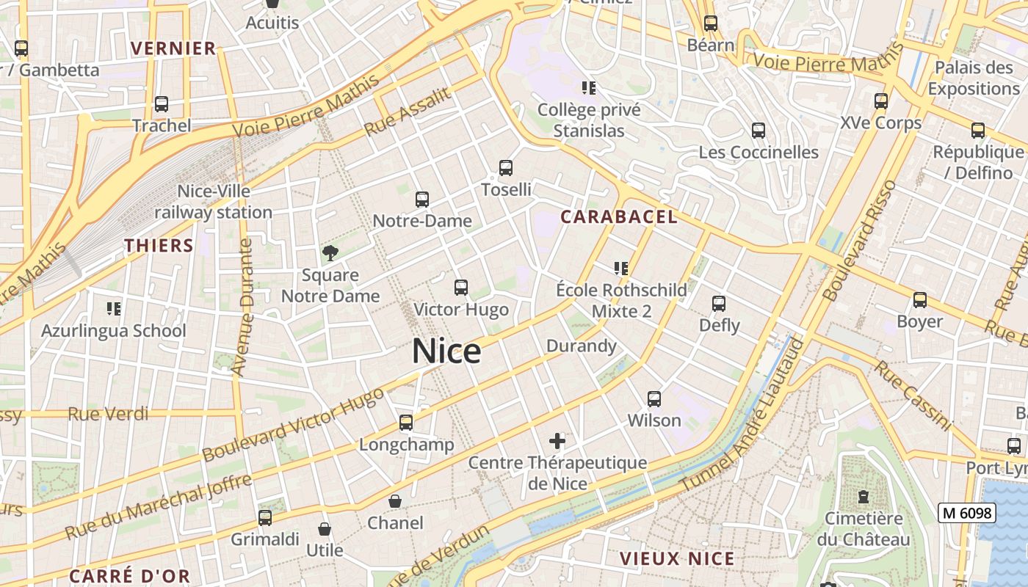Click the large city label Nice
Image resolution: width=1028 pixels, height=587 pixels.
[x=446, y=351]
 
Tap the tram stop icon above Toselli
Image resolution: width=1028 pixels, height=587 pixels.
[x=506, y=168]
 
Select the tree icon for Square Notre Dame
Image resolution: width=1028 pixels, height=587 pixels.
[x=330, y=253]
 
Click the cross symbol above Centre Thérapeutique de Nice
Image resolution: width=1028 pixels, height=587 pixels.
[x=557, y=441]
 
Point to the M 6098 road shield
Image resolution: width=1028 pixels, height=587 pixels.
[x=966, y=513]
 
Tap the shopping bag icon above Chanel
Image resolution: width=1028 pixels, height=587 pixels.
[x=395, y=501]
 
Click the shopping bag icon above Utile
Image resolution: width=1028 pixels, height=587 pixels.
[x=324, y=528]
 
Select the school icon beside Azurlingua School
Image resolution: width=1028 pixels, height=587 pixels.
[x=114, y=308]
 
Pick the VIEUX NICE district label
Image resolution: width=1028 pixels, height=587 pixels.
[x=677, y=558]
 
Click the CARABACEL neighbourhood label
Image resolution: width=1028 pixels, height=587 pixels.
[x=619, y=216]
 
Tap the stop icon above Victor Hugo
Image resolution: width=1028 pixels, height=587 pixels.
[x=461, y=288]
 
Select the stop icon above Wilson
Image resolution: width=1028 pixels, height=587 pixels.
[x=654, y=399]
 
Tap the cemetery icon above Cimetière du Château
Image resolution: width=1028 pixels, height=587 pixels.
[x=864, y=497]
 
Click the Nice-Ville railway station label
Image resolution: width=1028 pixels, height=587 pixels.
[x=214, y=202]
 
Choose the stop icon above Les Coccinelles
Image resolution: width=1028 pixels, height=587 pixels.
[x=759, y=131]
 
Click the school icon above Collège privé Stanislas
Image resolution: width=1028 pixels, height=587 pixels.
[x=589, y=88]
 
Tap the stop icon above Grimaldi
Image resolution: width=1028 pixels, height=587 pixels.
[x=265, y=517]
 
